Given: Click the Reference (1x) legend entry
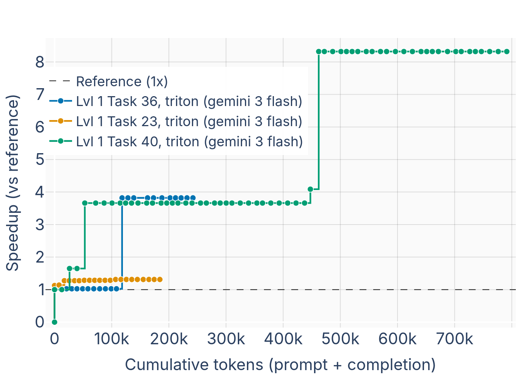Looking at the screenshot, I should coord(122,82).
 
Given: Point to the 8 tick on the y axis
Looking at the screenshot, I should coord(40,62).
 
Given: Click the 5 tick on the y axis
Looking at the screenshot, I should coord(40,160).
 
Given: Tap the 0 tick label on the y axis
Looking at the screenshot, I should coord(40,322).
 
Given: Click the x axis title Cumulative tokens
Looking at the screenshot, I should coord(280,365).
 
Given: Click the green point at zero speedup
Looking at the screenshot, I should coord(55,322).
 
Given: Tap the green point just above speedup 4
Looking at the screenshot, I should coord(310,189).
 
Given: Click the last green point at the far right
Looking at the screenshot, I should coord(507,51).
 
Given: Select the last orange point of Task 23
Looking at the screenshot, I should coord(160,280).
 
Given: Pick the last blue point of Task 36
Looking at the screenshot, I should coord(193,198).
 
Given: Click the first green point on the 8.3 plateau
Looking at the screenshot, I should coord(319,51).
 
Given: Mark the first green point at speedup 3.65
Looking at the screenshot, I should coord(85,203).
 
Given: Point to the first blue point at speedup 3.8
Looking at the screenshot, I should coord(122,198).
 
